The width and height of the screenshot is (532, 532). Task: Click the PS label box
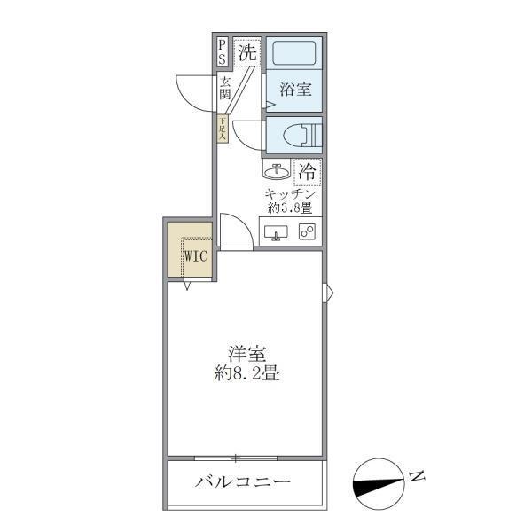pos(222,52)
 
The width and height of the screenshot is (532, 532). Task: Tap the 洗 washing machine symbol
pos(247,52)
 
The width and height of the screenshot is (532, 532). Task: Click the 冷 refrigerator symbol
pos(308,168)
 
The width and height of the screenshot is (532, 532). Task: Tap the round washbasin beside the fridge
pos(277,169)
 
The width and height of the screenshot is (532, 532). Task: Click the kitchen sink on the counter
pos(276,233)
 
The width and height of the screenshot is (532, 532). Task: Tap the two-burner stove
pos(308,232)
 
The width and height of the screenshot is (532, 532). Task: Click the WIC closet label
pos(196,257)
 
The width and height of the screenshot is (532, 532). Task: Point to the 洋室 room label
pos(246,354)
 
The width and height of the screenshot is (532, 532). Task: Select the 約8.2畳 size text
pos(246,373)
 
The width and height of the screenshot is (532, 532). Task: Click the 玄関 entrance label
pos(225,89)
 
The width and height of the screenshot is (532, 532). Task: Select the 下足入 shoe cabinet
pos(223,129)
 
